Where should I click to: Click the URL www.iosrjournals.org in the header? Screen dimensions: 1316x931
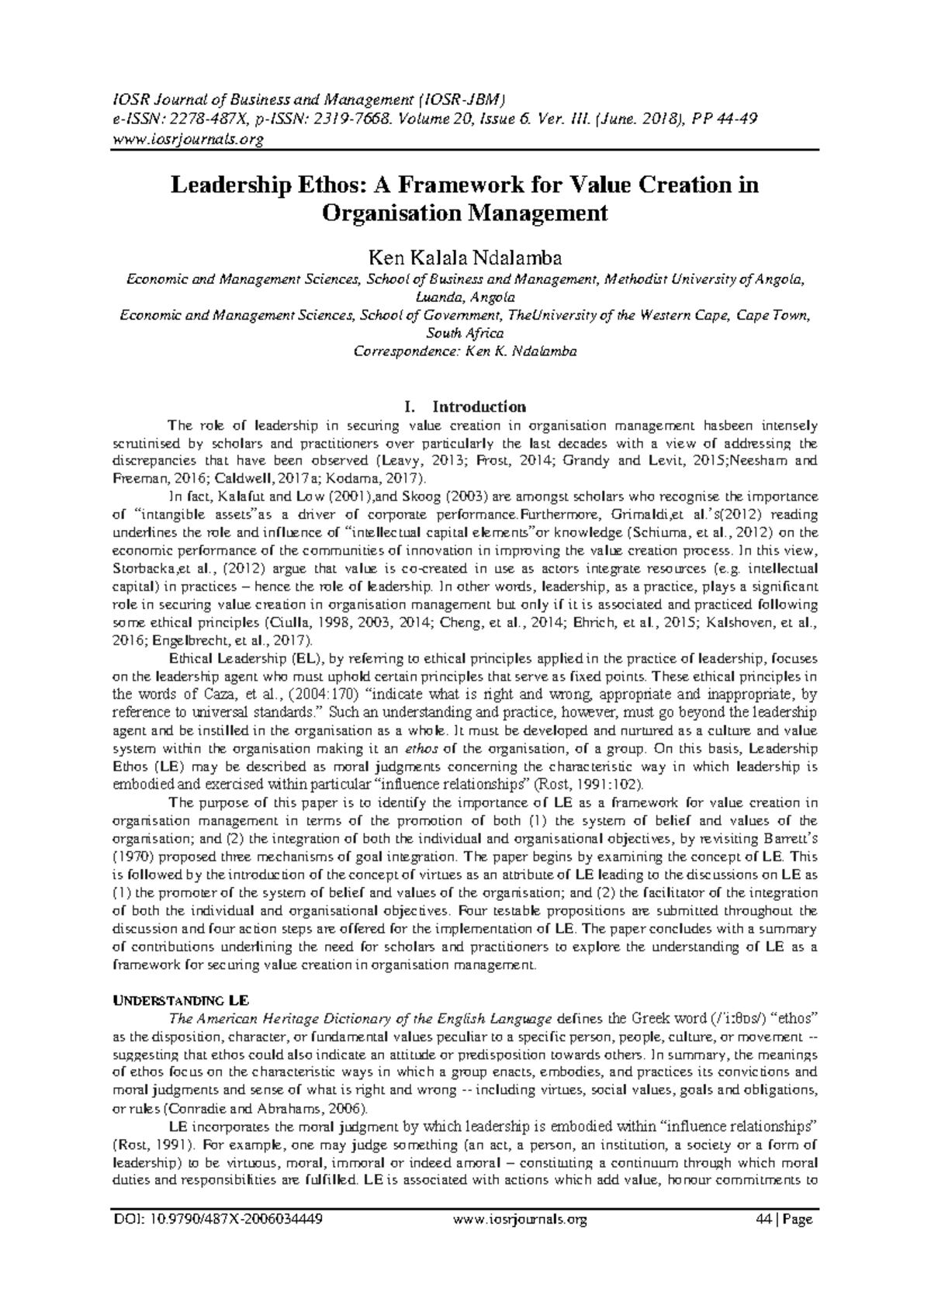pos(188,140)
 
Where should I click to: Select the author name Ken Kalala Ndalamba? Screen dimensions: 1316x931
pos(465,258)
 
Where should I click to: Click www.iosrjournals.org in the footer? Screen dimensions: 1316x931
pos(519,1220)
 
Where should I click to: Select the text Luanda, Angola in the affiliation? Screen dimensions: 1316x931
pos(465,297)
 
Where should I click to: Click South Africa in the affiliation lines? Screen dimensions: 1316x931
pos(465,333)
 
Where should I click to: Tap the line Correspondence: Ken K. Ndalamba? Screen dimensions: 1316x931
pos(465,351)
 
